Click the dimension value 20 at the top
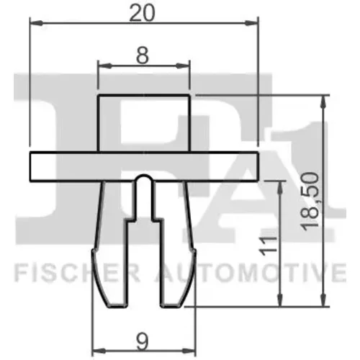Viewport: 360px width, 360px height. click(x=142, y=13)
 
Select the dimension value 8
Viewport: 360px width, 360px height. click(x=142, y=55)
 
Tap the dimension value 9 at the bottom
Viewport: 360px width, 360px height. click(x=143, y=342)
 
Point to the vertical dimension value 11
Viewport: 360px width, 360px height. click(x=268, y=246)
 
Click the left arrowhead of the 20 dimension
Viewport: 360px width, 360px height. click(x=36, y=23)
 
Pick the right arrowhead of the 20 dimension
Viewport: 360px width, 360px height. click(x=251, y=23)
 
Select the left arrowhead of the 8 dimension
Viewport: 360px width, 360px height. click(x=104, y=66)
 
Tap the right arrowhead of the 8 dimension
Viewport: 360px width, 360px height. click(x=183, y=66)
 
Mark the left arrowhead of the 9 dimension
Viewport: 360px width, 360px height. click(x=99, y=351)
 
